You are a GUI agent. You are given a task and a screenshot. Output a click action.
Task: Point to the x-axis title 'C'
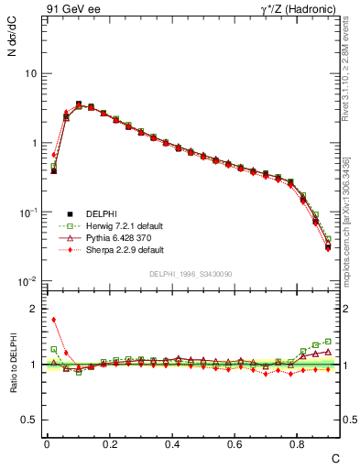[334, 457]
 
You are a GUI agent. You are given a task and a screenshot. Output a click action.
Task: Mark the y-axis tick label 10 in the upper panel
[30, 73]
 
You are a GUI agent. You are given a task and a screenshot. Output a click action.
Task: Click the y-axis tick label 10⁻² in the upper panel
[28, 281]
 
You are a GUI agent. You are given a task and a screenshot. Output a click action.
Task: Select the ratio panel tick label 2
[34, 309]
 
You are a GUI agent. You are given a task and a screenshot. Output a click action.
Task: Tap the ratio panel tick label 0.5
[30, 420]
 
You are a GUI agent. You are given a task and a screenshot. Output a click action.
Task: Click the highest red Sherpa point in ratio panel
[54, 320]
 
